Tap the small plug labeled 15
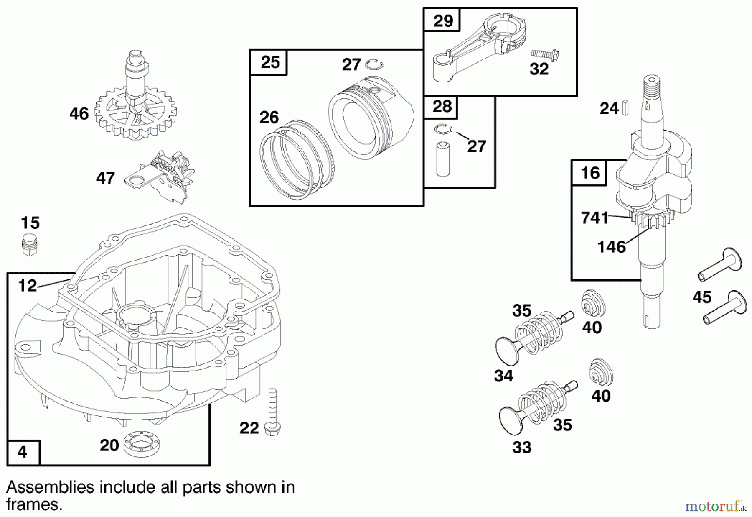28,245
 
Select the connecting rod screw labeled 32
545,54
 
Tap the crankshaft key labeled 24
626,107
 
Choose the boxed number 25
269,62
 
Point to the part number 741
594,218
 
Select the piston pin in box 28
442,159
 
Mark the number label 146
611,247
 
